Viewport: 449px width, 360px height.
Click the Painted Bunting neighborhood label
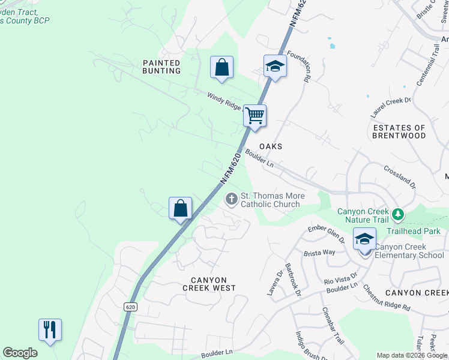(x=161, y=67)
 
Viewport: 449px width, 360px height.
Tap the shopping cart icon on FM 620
(x=255, y=115)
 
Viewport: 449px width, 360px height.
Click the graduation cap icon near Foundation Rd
(x=274, y=65)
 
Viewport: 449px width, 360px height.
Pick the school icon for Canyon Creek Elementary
(x=364, y=239)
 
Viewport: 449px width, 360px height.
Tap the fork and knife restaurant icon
(x=50, y=329)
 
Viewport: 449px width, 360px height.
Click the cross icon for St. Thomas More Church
(x=232, y=199)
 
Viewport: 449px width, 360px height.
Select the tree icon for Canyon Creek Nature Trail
(x=397, y=214)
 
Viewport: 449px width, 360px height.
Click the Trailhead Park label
(x=413, y=231)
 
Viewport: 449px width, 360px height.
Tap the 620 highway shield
(x=131, y=307)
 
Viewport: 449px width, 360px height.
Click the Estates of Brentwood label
(x=399, y=131)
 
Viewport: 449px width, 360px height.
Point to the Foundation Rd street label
(x=299, y=65)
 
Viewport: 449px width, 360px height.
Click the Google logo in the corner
(x=20, y=353)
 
